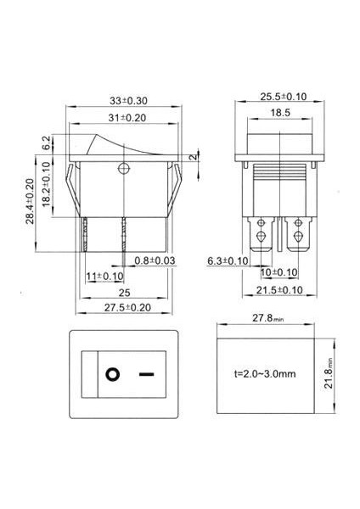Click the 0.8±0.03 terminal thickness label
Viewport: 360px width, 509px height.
click(x=155, y=261)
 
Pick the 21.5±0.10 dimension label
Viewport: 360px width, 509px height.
click(x=280, y=290)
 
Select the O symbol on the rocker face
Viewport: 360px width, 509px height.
click(x=111, y=373)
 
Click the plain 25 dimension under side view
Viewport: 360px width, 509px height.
click(x=124, y=293)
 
